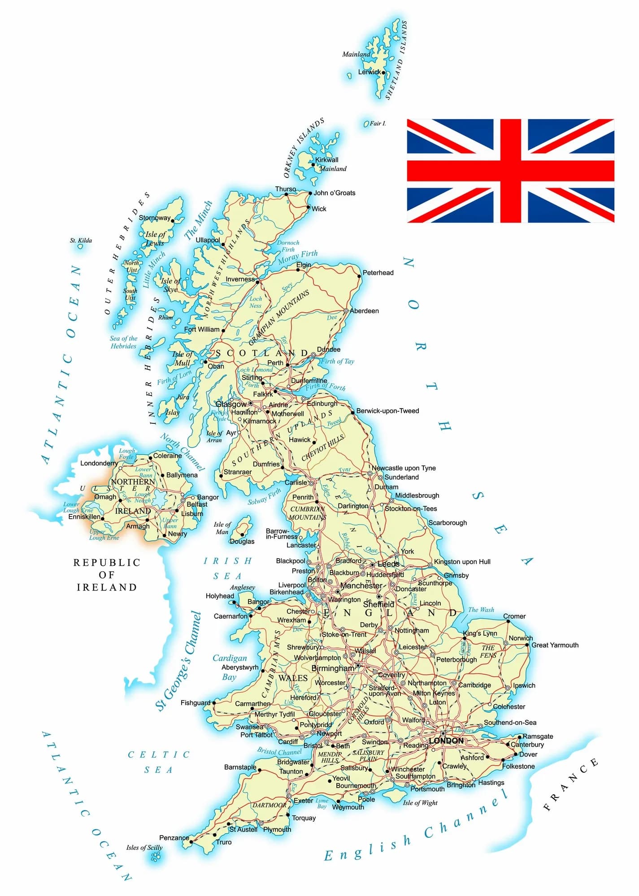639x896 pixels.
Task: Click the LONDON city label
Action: click(446, 741)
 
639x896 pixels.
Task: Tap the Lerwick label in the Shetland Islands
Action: click(369, 72)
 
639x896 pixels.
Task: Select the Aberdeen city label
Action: click(364, 311)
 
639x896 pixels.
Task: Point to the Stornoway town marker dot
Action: click(173, 221)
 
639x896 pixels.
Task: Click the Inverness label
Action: click(240, 280)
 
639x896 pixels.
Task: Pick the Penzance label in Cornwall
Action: click(174, 838)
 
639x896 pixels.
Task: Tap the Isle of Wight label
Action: click(420, 803)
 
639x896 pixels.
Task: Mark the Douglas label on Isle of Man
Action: click(242, 542)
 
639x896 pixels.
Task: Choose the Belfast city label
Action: click(197, 504)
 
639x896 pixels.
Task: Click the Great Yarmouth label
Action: click(555, 645)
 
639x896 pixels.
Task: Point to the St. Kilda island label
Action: click(81, 241)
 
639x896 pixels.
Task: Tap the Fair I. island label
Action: click(378, 124)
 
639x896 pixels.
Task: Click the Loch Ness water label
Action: click(256, 302)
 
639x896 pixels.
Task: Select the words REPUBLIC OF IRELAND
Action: click(107, 575)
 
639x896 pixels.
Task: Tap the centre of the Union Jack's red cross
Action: click(511, 171)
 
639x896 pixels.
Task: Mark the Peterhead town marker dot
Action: click(359, 276)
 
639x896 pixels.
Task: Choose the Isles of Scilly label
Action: click(144, 848)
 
